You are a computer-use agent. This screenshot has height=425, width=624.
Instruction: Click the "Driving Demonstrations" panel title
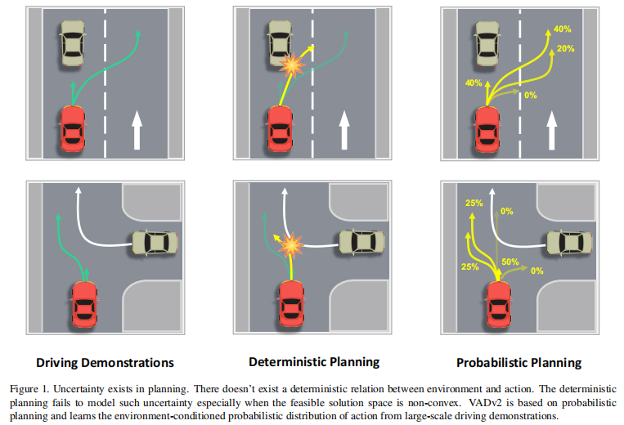[105, 361]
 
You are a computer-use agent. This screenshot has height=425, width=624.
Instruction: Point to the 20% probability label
[565, 50]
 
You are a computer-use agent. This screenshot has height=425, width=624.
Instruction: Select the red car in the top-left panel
[71, 129]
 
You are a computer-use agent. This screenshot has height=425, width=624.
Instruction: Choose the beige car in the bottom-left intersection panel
[154, 242]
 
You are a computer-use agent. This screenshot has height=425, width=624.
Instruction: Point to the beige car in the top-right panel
[487, 43]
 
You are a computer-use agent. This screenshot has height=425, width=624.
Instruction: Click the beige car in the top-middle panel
[281, 43]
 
